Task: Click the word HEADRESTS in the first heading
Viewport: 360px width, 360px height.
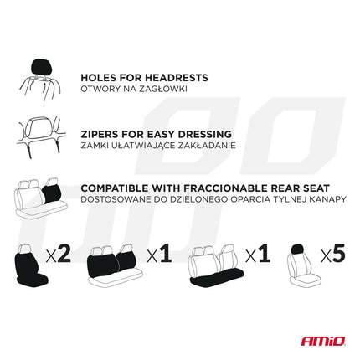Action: click(x=175, y=77)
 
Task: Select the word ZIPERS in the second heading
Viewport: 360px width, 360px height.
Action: click(x=101, y=133)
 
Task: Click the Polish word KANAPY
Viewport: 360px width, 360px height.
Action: click(x=326, y=201)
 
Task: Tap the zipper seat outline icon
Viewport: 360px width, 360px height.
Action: click(x=39, y=136)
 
